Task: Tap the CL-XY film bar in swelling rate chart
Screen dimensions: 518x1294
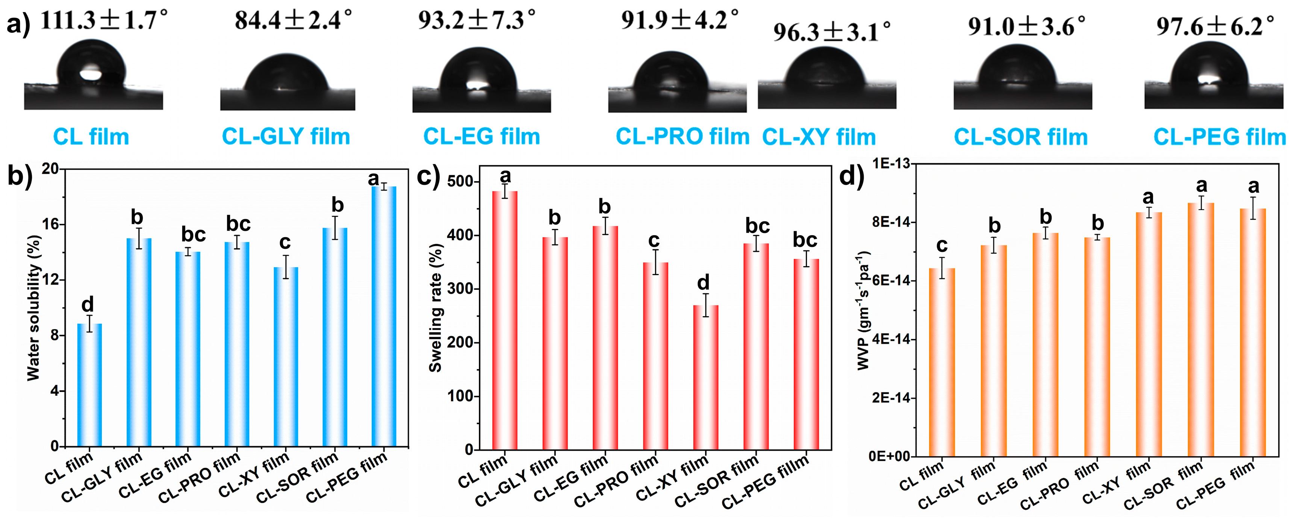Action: [x=705, y=377]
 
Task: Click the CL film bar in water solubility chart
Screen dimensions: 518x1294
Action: [x=89, y=385]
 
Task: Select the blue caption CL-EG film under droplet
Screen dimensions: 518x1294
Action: [x=481, y=136]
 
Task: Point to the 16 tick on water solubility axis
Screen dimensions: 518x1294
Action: [x=50, y=224]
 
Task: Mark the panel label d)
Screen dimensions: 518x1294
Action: [x=852, y=176]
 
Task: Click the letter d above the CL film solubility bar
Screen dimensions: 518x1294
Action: [x=88, y=304]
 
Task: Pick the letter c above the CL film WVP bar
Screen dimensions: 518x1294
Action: [x=942, y=245]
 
